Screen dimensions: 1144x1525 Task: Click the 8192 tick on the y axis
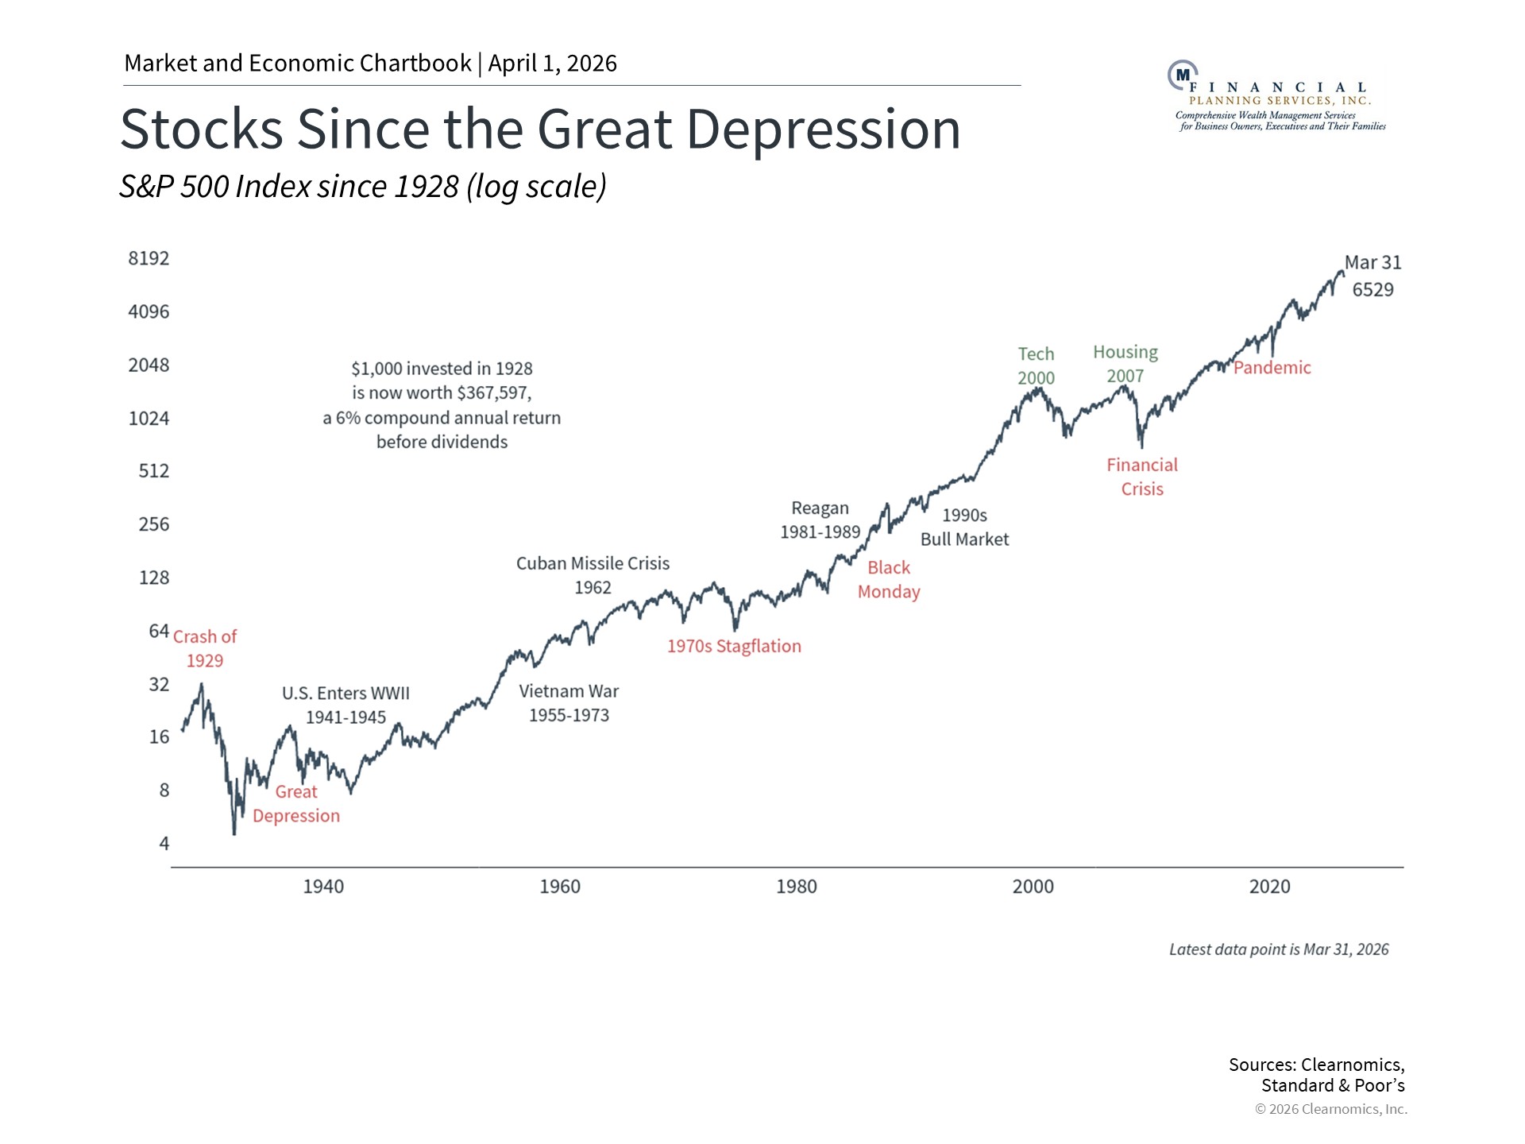pyautogui.click(x=149, y=258)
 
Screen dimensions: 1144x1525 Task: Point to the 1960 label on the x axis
pyautogui.click(x=560, y=887)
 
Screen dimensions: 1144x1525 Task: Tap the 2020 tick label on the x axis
pyautogui.click(x=1269, y=887)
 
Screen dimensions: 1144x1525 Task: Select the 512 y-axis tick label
pyautogui.click(x=153, y=471)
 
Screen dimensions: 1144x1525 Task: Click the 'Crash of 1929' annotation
pyautogui.click(x=205, y=648)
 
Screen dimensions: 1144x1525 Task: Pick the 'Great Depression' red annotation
pyautogui.click(x=296, y=804)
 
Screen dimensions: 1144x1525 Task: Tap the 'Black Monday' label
pyautogui.click(x=889, y=580)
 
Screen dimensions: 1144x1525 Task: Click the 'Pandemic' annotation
pyautogui.click(x=1272, y=368)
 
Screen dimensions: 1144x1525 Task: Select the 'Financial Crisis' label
pyautogui.click(x=1142, y=477)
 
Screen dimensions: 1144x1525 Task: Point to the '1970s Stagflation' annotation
pyautogui.click(x=734, y=647)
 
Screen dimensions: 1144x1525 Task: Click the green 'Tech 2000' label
pyautogui.click(x=1037, y=365)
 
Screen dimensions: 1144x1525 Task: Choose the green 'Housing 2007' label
pyautogui.click(x=1125, y=364)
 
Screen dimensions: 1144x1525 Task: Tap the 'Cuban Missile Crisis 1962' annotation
pyautogui.click(x=593, y=575)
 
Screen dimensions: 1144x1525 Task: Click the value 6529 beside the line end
pyautogui.click(x=1372, y=290)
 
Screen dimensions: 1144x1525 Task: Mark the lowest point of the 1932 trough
pyautogui.click(x=234, y=833)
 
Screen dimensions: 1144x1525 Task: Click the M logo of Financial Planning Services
pyautogui.click(x=1183, y=75)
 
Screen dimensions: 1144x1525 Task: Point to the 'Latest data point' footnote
pyautogui.click(x=1278, y=949)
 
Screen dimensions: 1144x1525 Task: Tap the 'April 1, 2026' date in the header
pyautogui.click(x=552, y=64)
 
